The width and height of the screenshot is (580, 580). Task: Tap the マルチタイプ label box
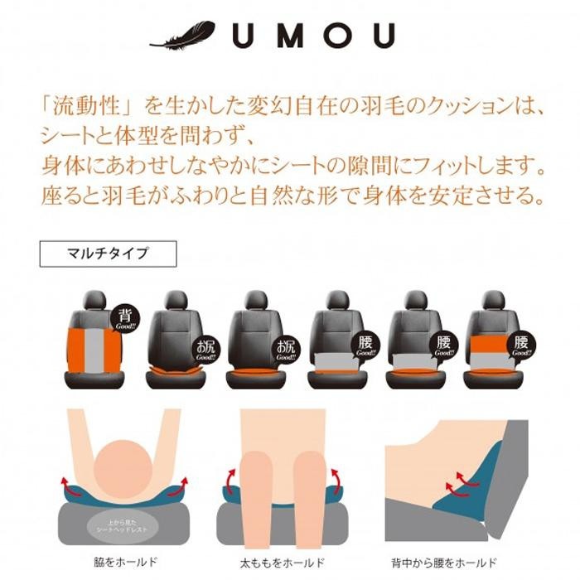108,254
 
